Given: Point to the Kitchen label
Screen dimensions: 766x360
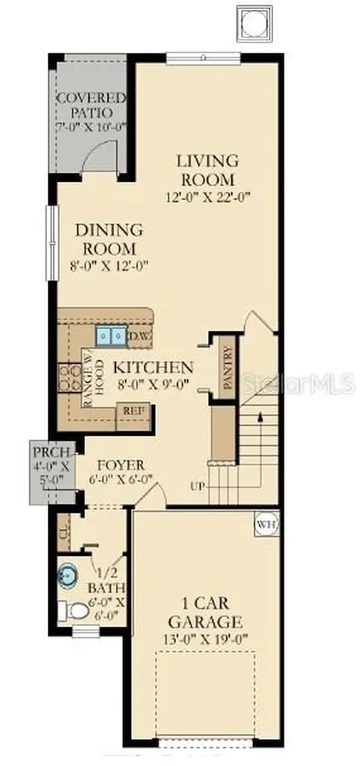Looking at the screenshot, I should click(153, 367).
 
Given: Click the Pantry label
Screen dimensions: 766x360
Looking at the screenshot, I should click(228, 367).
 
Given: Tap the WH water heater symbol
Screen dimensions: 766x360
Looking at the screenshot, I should click(263, 523).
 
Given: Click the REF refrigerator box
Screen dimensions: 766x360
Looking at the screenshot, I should click(133, 411).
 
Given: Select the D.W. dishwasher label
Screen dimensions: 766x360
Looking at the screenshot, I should click(140, 337).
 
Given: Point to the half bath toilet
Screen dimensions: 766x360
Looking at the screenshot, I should click(76, 611).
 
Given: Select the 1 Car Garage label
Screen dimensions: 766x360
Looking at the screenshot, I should click(204, 612).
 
